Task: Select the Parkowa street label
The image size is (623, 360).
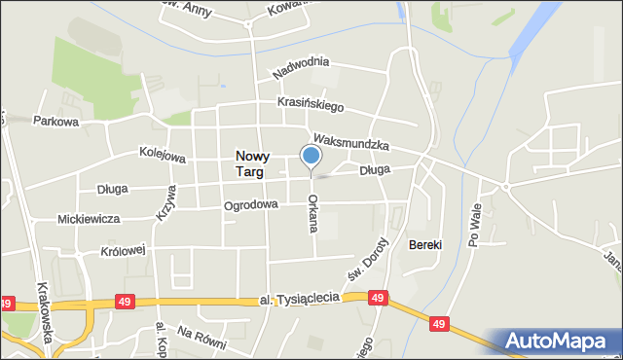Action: tap(55, 122)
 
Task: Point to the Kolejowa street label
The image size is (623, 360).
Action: tap(135, 155)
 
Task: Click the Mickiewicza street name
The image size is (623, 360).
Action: tap(89, 220)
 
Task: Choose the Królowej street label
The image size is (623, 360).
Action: tap(122, 250)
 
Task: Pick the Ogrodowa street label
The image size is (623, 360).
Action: tap(251, 205)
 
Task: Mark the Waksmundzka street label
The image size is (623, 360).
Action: tap(351, 142)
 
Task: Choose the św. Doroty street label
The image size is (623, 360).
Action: tap(378, 257)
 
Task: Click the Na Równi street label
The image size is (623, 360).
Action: tap(202, 338)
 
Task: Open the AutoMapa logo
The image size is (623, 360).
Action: tap(561, 341)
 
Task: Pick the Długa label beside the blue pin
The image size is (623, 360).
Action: tap(374, 170)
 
